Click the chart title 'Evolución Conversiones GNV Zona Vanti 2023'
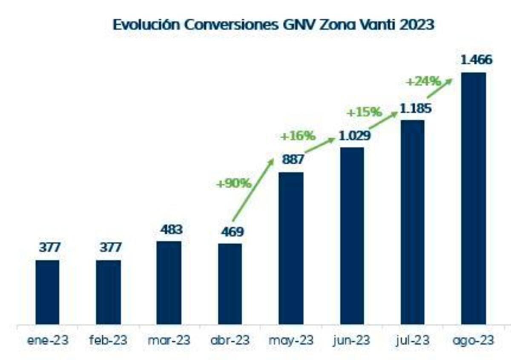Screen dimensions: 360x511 (x=273, y=24)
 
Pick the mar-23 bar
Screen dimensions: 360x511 (x=169, y=283)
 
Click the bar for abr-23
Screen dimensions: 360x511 (x=230, y=284)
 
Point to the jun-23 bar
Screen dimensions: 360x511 (x=352, y=236)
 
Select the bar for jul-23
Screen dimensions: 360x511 (x=413, y=222)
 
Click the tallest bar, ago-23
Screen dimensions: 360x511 (x=474, y=198)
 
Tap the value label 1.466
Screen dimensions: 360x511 (x=477, y=60)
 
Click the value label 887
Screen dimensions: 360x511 (x=293, y=160)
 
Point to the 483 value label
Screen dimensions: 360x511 (x=171, y=230)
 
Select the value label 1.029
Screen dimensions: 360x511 (x=355, y=136)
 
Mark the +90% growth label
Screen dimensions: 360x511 (x=234, y=184)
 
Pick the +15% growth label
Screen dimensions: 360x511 (x=364, y=112)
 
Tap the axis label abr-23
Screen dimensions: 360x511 (x=230, y=341)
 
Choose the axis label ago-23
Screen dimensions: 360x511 (x=474, y=341)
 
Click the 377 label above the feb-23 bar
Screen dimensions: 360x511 (x=110, y=247)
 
